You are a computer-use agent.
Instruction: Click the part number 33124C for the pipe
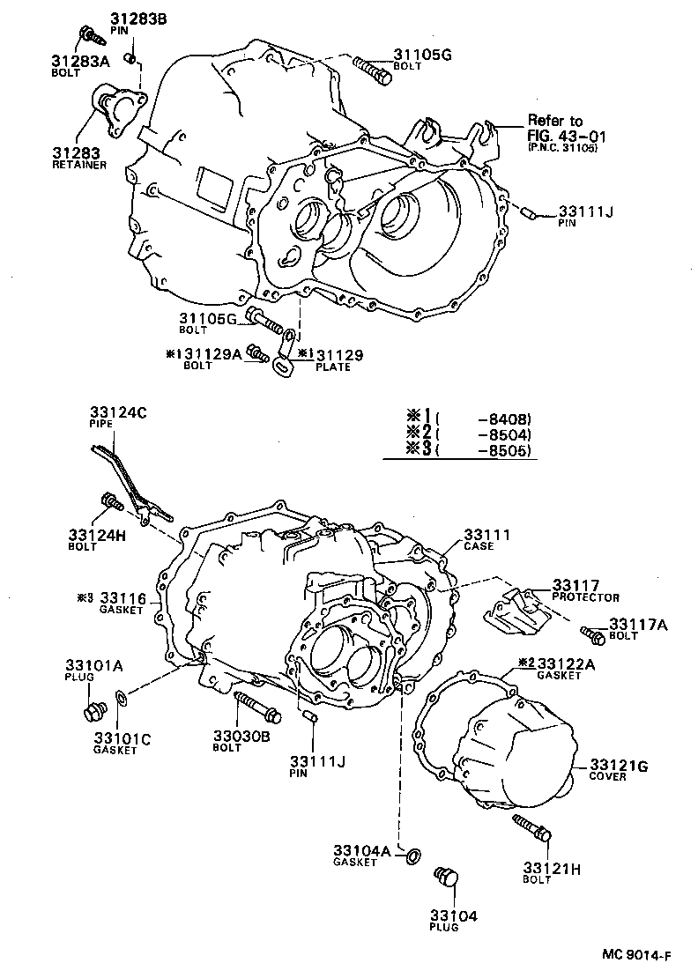pyautogui.click(x=118, y=411)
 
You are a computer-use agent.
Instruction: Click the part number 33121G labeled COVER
pyautogui.click(x=619, y=766)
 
